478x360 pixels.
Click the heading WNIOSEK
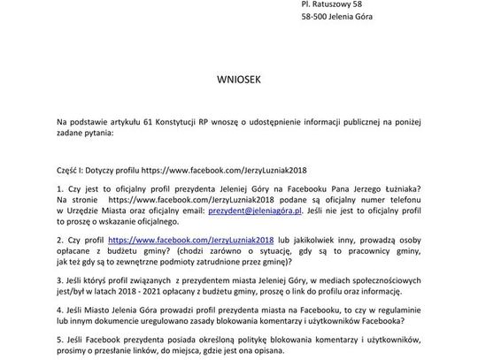pyautogui.click(x=238, y=78)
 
